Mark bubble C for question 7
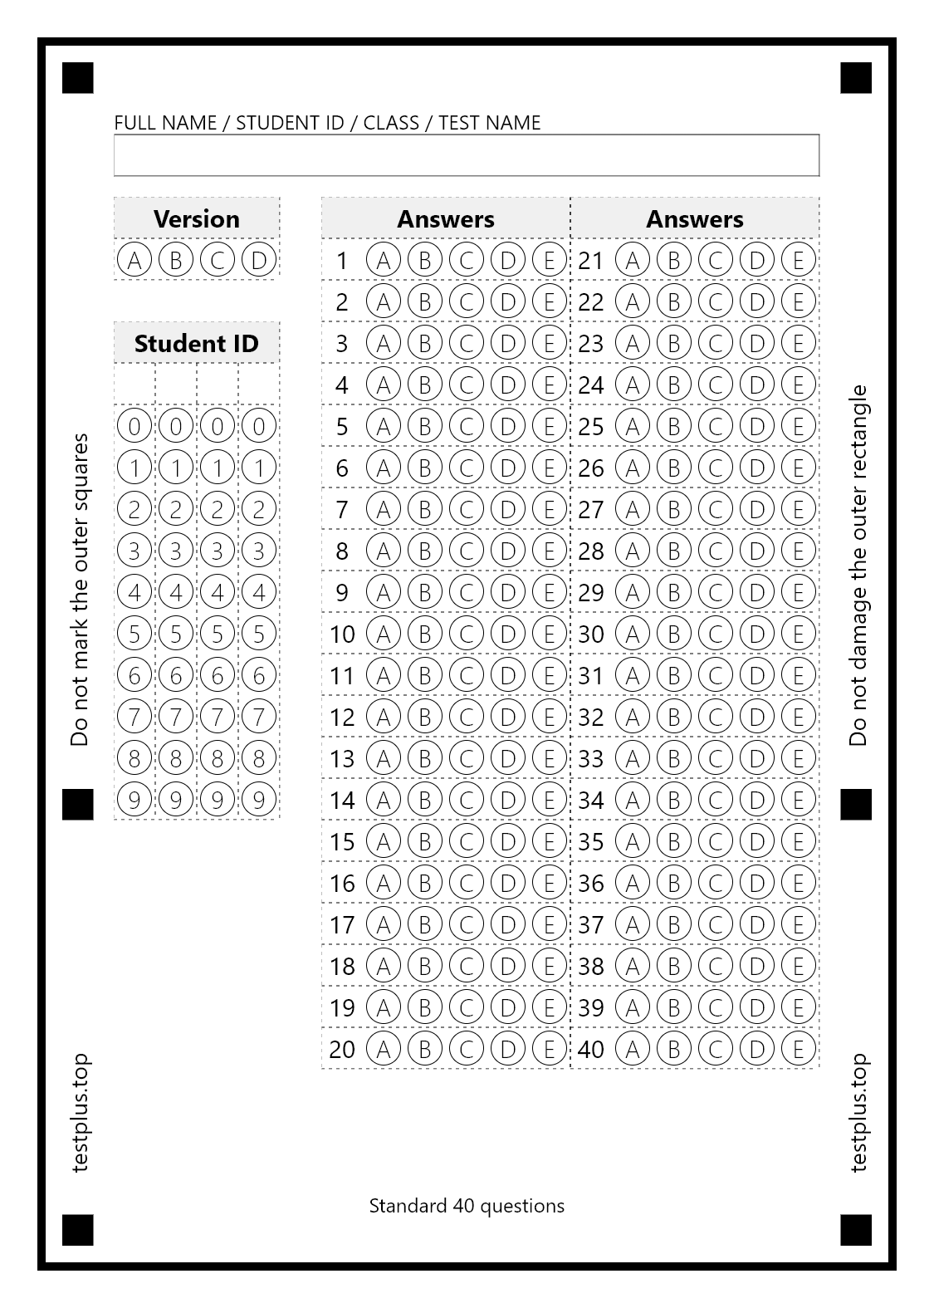click(466, 509)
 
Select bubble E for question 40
click(798, 1049)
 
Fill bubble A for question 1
click(383, 260)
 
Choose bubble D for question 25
click(756, 426)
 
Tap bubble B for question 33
click(673, 758)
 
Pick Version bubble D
click(258, 260)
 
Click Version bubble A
click(134, 260)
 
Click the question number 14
click(342, 800)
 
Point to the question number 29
click(591, 592)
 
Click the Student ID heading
click(196, 343)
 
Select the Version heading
click(196, 218)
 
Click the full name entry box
click(466, 155)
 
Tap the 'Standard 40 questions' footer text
click(467, 1206)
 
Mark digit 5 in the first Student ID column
click(134, 634)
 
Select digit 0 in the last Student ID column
click(258, 426)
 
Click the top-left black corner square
click(78, 78)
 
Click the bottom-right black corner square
click(856, 1230)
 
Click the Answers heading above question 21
click(694, 218)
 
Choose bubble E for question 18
click(549, 966)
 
